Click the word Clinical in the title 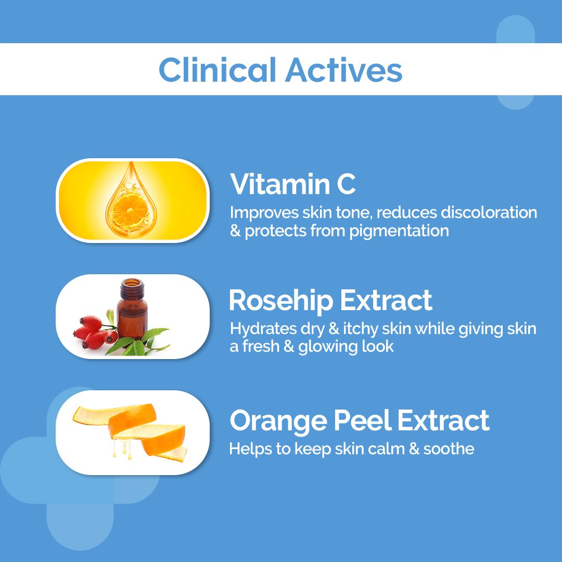218,70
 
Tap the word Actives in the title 343,70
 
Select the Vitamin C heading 293,184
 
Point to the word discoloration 489,212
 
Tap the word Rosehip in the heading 280,300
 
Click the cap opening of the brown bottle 132,283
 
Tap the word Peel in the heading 368,420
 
